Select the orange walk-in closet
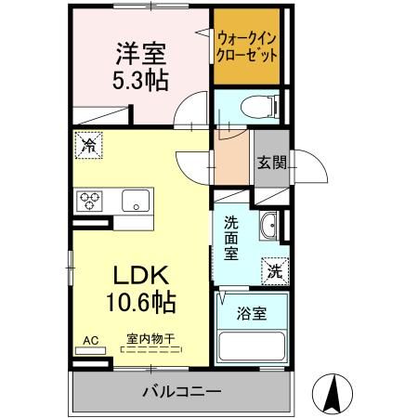point(246,46)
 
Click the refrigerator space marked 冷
point(89,145)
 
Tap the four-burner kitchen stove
point(91,201)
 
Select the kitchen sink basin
point(136,200)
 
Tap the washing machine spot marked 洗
point(275,270)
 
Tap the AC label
point(91,341)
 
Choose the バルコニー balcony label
point(181,391)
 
